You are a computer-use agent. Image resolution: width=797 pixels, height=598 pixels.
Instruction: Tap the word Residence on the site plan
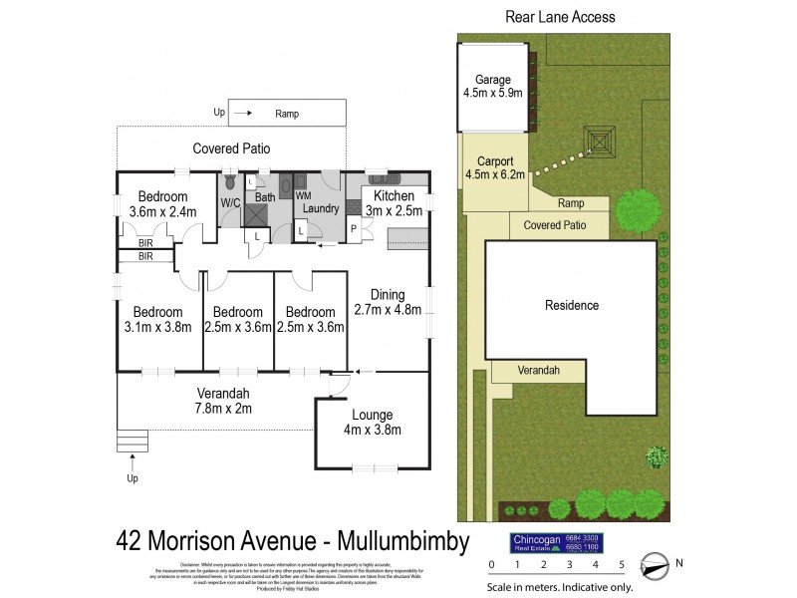pos(572,305)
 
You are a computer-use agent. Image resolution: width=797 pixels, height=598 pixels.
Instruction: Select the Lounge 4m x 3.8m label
pos(372,422)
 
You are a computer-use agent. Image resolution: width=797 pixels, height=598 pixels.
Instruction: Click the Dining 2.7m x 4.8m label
pos(388,302)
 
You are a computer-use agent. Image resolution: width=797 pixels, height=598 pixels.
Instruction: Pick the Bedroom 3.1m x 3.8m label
pos(159,319)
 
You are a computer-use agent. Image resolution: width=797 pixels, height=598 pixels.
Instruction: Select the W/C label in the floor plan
pos(230,202)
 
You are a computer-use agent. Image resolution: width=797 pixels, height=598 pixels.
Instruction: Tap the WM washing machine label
pos(303,196)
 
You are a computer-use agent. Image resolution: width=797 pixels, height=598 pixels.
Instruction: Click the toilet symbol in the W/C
pos(230,182)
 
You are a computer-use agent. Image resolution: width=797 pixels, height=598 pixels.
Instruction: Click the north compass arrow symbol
pos(655,565)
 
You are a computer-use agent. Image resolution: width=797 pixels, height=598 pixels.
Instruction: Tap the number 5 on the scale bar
pos(622,565)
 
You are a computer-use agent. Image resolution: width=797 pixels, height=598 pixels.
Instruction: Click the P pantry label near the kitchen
pos(353,228)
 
